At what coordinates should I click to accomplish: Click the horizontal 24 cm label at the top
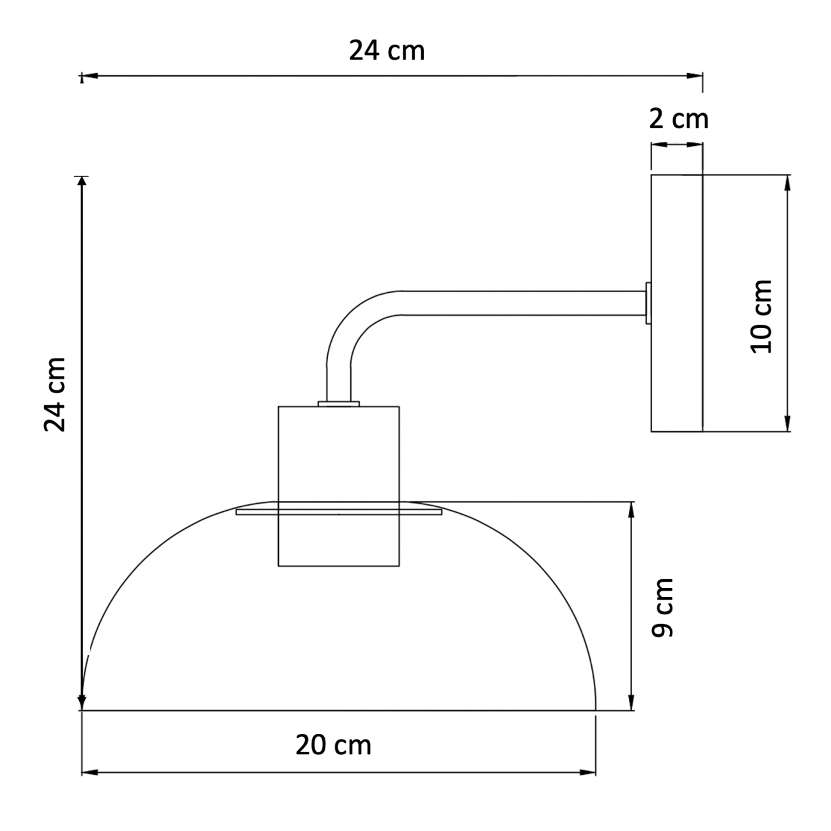pyautogui.click(x=387, y=51)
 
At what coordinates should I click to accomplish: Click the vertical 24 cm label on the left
pyautogui.click(x=55, y=394)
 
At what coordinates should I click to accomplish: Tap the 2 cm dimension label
pyautogui.click(x=678, y=119)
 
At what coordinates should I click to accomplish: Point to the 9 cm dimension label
pyautogui.click(x=662, y=608)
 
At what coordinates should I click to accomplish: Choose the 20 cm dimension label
pyautogui.click(x=333, y=745)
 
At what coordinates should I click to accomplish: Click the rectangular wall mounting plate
pyautogui.click(x=676, y=303)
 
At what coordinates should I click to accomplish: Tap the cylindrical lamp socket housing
pyautogui.click(x=339, y=486)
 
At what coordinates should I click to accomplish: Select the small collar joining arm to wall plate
pyautogui.click(x=648, y=303)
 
